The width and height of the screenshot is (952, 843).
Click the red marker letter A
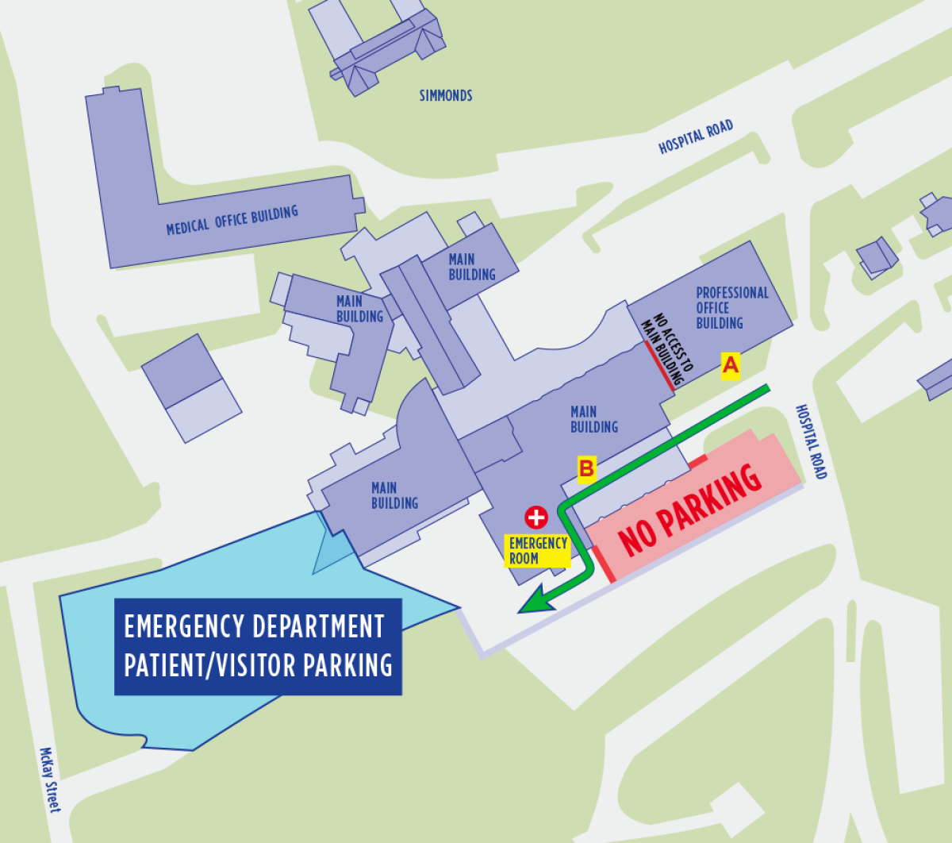(x=730, y=365)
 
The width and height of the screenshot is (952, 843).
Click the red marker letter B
(x=586, y=468)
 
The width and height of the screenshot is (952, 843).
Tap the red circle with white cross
(x=536, y=518)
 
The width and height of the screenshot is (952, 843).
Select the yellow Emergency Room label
(x=538, y=551)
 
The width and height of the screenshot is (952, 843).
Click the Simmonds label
(x=446, y=96)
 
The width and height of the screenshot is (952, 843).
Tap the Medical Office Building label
(x=232, y=220)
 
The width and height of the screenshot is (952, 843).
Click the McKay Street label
(x=50, y=779)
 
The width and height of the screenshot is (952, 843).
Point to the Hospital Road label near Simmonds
(x=696, y=137)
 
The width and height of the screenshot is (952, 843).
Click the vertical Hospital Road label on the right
(x=811, y=442)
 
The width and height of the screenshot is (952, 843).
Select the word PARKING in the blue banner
(x=348, y=665)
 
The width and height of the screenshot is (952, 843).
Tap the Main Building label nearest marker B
(x=593, y=419)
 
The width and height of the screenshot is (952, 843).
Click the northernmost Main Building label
(x=471, y=267)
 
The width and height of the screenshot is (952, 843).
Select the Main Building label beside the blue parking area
(x=394, y=495)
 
